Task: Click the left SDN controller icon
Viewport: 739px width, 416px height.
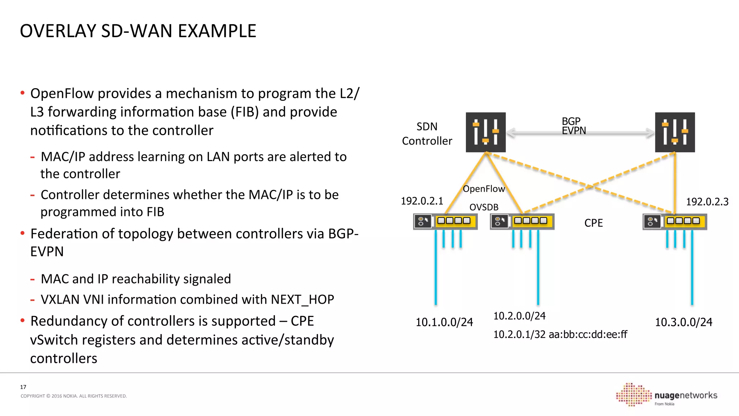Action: point(485,132)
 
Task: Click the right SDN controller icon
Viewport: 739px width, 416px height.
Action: point(675,132)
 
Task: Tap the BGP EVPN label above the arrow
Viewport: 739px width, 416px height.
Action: point(573,126)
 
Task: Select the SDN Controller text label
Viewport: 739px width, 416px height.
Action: point(427,134)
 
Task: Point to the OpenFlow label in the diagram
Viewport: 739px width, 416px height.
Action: point(484,189)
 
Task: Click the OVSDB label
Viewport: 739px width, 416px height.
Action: point(484,207)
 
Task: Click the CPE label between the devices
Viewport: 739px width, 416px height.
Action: point(593,223)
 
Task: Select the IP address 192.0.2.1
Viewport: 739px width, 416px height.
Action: point(422,201)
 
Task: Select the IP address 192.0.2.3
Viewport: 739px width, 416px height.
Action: point(707,201)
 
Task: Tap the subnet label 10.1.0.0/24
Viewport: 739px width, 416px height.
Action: point(444,322)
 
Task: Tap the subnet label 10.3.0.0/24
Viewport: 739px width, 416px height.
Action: point(683,322)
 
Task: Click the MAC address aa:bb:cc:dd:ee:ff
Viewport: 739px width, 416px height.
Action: point(588,334)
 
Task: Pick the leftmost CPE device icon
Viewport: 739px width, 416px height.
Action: point(445,221)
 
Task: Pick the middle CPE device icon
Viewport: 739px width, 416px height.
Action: point(522,221)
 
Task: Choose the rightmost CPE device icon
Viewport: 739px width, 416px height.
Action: point(674,221)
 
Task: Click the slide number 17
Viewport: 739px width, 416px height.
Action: point(23,387)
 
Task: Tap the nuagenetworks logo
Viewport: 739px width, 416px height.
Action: point(667,395)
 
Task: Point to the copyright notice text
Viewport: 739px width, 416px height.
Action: point(74,396)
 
